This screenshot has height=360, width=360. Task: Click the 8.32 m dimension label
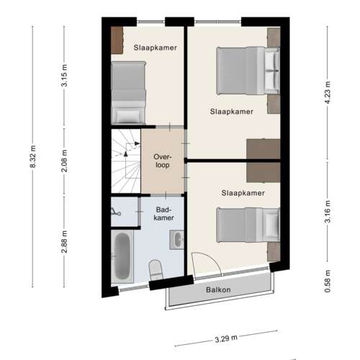(x=32, y=158)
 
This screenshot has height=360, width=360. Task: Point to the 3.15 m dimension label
(x=65, y=76)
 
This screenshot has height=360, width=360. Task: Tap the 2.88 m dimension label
(x=65, y=240)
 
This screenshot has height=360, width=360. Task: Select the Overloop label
(x=161, y=161)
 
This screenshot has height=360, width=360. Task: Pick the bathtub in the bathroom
(x=122, y=257)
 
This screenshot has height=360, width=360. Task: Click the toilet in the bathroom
(x=154, y=271)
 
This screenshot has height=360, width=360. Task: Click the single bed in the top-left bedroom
(x=128, y=93)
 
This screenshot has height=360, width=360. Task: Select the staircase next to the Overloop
(x=125, y=162)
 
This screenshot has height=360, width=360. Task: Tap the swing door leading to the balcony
(x=204, y=264)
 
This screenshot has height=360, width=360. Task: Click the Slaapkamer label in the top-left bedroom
(x=156, y=48)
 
